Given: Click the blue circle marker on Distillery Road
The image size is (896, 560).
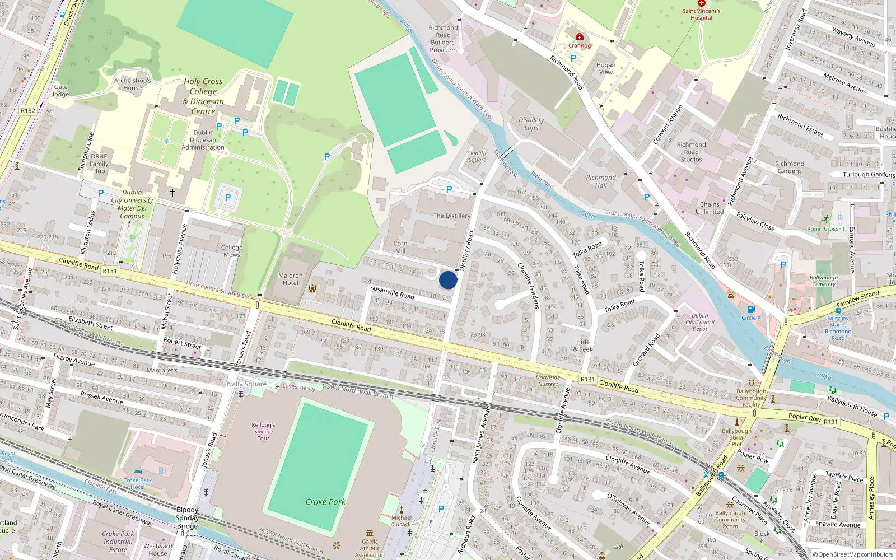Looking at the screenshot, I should (448, 280).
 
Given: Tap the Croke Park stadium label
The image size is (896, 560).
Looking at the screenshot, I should (325, 502).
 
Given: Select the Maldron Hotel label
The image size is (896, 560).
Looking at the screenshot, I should (291, 279).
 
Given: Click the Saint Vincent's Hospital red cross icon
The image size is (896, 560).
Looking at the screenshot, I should (701, 3).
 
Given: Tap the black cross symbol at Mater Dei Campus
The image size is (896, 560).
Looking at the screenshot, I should (172, 193).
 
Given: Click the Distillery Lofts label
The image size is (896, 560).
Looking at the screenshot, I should (531, 124).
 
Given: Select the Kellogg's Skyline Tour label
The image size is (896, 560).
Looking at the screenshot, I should (263, 432).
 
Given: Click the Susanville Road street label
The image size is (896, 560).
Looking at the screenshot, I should (392, 292).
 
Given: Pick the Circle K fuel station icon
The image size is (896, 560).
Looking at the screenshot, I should (751, 309).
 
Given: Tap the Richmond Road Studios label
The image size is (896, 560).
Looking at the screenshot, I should (692, 152).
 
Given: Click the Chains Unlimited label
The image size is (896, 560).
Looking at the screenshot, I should (710, 208).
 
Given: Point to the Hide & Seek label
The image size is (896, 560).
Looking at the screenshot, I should (583, 346).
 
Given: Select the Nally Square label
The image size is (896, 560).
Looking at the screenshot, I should (246, 384).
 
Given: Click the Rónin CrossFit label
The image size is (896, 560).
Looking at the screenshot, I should (826, 228).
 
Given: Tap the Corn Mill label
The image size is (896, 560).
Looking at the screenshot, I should (400, 247).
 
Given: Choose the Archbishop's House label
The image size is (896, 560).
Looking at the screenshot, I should (133, 84).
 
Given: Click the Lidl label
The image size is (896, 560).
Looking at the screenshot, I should (619, 547).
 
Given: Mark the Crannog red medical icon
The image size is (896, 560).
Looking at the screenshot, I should (580, 37).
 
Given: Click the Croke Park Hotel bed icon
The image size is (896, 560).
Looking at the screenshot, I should (138, 472).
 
